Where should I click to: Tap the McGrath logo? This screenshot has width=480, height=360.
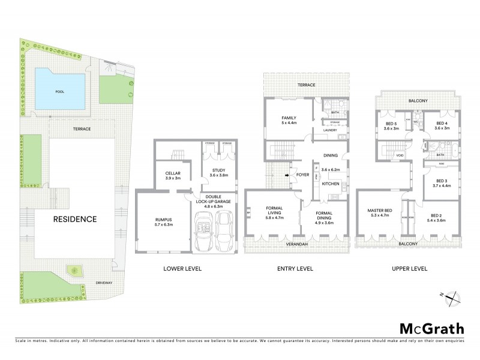pos(431,328)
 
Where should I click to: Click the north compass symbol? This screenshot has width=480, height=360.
pos(454,295)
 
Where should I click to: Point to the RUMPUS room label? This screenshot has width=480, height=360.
pos(163,222)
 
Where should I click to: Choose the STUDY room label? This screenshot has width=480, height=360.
pos(218,173)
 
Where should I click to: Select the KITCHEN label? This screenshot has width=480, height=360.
pos(331,184)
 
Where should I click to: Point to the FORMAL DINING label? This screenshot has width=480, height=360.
pos(324,217)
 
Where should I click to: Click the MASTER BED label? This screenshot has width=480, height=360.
pos(380,212)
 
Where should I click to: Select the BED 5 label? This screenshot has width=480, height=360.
pos(392,125)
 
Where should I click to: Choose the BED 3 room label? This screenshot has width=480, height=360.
pos(442,183)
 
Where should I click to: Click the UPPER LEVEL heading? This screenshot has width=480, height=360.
pos(411,268)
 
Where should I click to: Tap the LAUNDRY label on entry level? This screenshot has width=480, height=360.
pos(331,130)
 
